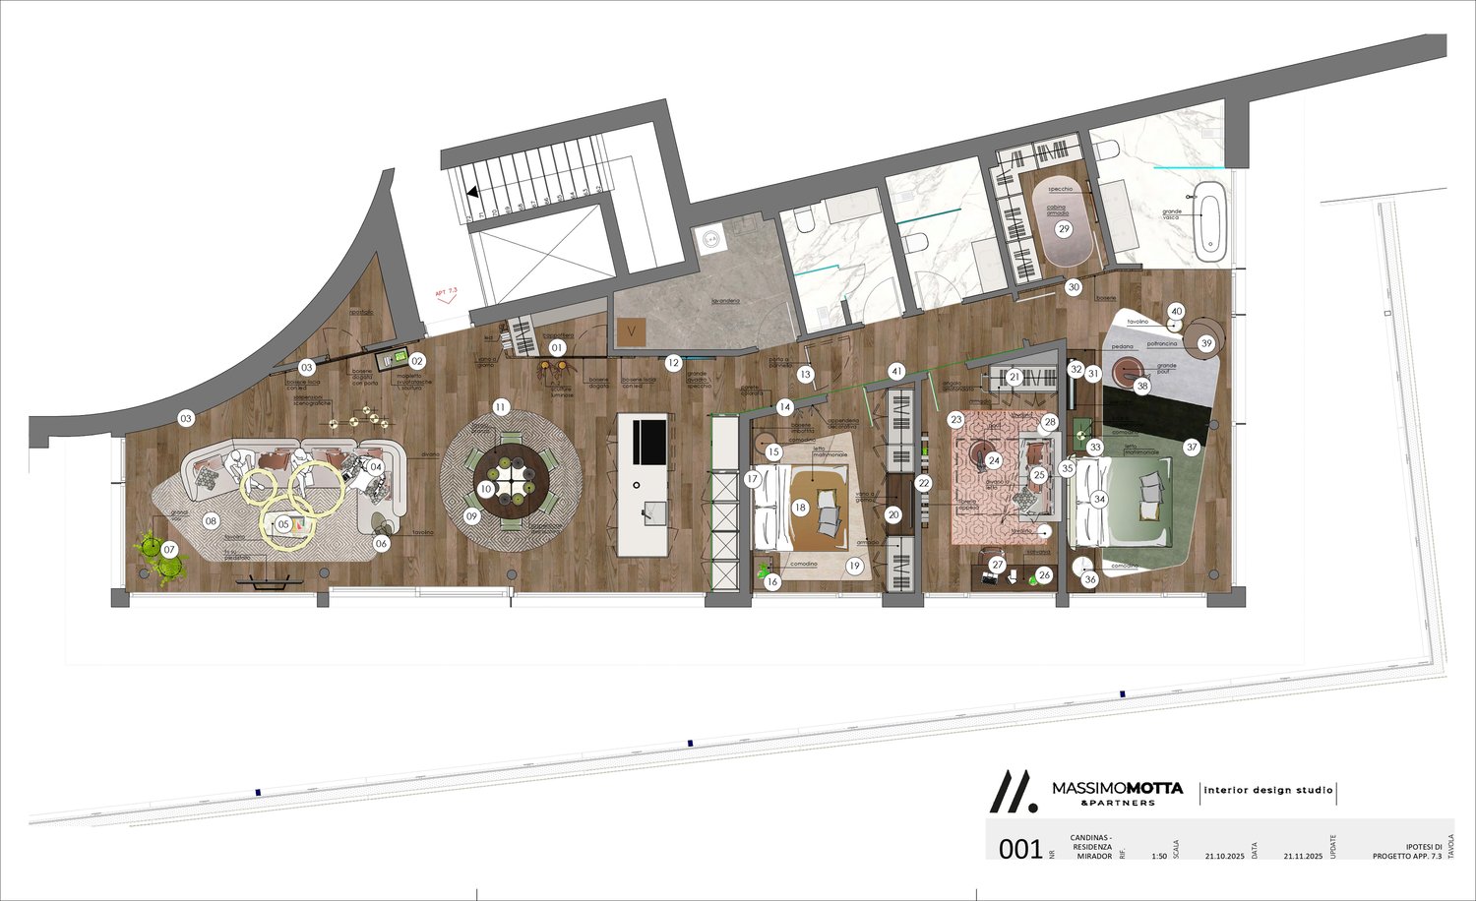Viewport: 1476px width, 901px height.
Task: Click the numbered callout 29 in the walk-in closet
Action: (x=1063, y=229)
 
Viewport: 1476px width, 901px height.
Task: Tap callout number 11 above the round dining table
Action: (x=501, y=406)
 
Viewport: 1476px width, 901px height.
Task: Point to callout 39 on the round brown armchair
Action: (x=1206, y=343)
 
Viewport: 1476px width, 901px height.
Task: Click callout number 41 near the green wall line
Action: (x=895, y=372)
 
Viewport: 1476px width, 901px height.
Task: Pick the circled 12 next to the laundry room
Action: (x=673, y=363)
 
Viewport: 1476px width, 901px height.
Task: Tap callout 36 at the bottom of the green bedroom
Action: (x=1089, y=579)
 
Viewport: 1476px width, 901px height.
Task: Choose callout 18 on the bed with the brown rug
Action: (x=800, y=508)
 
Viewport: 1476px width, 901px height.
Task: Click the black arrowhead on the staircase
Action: (x=473, y=194)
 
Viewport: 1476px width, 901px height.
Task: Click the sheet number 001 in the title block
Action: (x=1020, y=848)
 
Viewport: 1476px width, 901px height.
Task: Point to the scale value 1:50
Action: (x=1159, y=857)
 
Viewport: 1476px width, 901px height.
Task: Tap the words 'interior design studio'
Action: (x=1268, y=790)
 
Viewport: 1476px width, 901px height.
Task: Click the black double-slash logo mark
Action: (x=1012, y=790)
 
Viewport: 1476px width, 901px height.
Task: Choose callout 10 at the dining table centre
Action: (x=486, y=489)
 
